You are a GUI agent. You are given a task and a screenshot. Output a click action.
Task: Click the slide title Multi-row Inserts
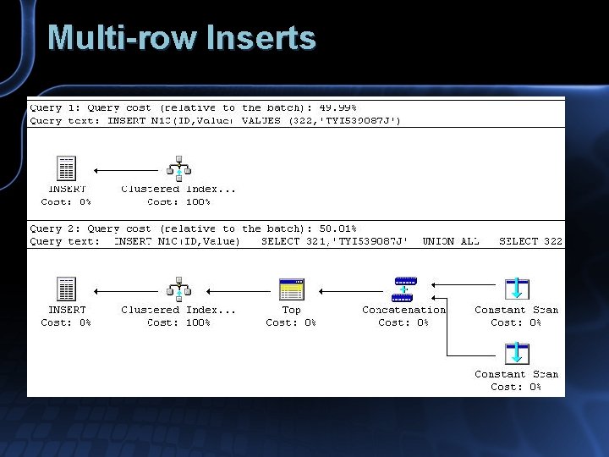click(x=182, y=38)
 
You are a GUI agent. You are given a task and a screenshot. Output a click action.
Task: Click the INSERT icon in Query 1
click(x=66, y=169)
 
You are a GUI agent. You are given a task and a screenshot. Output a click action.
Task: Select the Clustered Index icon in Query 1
click(x=178, y=169)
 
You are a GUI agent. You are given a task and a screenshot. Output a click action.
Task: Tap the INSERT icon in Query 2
click(x=66, y=290)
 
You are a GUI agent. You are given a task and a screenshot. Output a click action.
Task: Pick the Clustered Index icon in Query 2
click(x=178, y=290)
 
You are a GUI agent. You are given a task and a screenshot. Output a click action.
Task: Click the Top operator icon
click(x=291, y=290)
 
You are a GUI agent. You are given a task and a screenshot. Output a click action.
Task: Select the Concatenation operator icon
click(x=404, y=289)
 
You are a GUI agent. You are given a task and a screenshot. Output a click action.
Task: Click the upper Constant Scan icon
click(x=516, y=289)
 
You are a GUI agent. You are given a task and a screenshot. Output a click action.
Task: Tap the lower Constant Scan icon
click(x=516, y=354)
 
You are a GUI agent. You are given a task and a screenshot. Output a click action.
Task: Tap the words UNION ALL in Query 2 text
click(x=450, y=241)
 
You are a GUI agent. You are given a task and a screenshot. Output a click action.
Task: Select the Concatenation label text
click(x=403, y=310)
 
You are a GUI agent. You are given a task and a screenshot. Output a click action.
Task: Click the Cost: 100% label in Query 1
click(x=178, y=201)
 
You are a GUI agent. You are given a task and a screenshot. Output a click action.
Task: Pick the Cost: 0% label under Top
click(x=291, y=322)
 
